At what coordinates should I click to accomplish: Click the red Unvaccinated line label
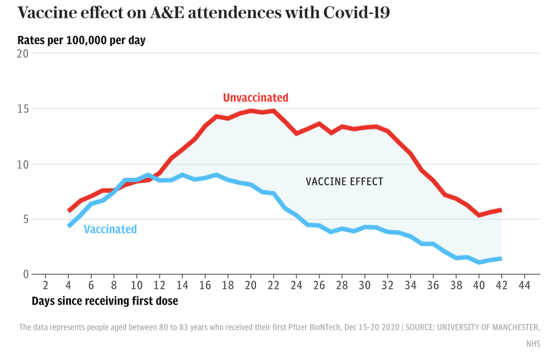point(256,97)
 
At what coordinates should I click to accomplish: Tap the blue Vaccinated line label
point(110,229)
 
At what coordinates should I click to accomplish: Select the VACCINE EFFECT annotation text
point(344,181)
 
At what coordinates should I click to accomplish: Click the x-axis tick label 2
point(45,285)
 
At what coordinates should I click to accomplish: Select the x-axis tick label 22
point(273,285)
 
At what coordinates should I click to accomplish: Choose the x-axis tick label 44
point(524,285)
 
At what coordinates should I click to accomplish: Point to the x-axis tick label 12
point(159,285)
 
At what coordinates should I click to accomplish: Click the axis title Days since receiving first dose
point(105,301)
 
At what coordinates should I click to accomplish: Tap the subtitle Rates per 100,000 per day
point(81,40)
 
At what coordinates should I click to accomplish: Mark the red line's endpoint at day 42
point(501,210)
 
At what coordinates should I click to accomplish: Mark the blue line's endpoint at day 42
point(501,259)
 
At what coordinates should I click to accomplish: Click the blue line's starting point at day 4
point(69,226)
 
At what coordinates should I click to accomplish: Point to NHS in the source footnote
point(533,344)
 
